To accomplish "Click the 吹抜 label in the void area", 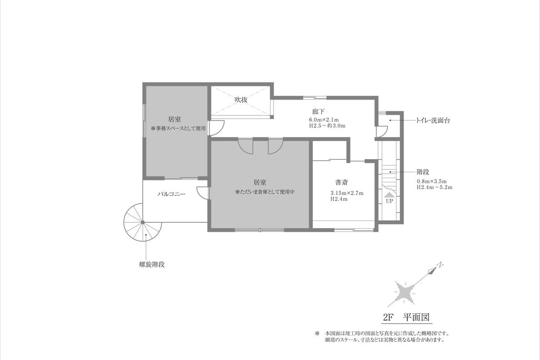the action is click(241, 100).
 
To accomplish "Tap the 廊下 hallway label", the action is click(319, 112).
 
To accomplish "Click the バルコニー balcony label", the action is click(171, 194).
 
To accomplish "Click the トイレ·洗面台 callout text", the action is click(433, 120).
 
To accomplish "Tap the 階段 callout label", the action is click(423, 172).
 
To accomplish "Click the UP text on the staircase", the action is click(389, 201).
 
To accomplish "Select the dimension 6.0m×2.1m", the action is click(324, 120).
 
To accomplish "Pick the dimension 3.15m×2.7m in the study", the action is click(347, 193).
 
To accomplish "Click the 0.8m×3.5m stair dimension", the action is click(431, 181).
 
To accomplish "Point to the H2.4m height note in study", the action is click(339, 199).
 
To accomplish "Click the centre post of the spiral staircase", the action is click(143, 223).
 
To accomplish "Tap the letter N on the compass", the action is click(440, 265).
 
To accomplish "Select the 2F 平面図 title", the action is click(406, 317).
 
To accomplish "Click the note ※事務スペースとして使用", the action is click(178, 128).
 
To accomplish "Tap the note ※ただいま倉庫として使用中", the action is click(265, 192).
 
